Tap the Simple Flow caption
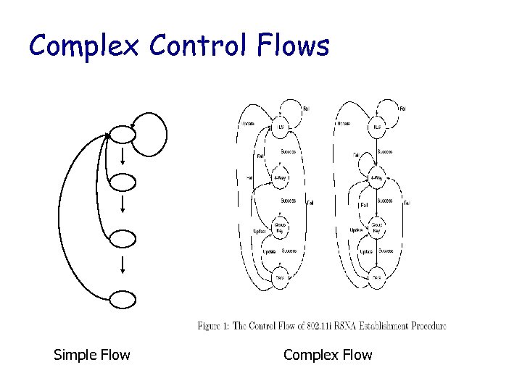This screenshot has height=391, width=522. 92,355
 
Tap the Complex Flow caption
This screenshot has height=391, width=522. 328,355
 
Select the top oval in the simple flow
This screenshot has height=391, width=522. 123,133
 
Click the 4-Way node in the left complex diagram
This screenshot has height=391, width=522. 281,177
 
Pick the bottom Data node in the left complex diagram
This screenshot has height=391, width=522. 280,277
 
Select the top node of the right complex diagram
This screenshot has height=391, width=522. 376,127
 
